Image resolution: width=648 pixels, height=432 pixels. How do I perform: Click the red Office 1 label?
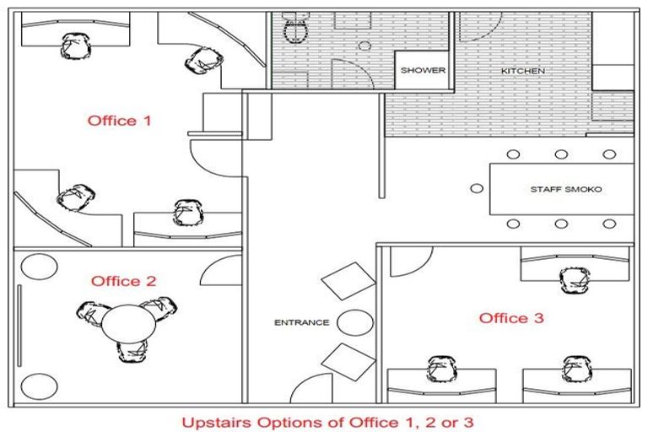click(x=119, y=121)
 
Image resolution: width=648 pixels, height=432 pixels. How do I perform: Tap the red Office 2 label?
click(x=123, y=281)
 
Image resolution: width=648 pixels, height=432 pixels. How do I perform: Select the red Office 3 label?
click(x=511, y=318)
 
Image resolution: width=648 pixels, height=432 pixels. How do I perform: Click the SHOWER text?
click(x=423, y=70)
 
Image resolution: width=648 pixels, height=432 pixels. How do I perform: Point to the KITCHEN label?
click(x=523, y=71)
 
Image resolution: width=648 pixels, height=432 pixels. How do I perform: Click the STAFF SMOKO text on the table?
click(x=566, y=189)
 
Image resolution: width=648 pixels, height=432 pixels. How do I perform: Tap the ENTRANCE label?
click(x=302, y=322)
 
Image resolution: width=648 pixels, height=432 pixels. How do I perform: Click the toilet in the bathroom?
click(x=295, y=27)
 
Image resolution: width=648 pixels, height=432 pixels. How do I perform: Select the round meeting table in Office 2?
click(x=129, y=324)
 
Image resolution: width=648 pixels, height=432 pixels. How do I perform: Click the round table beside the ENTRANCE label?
click(x=355, y=322)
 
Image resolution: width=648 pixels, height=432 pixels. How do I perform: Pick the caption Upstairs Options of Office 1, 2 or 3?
click(x=327, y=423)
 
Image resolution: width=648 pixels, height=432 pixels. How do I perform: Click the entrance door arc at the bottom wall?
click(x=301, y=382)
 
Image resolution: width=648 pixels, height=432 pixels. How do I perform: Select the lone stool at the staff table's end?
click(x=477, y=188)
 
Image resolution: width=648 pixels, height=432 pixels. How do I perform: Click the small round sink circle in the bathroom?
click(x=364, y=46)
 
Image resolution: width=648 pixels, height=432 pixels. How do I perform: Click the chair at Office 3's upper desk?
click(x=575, y=280)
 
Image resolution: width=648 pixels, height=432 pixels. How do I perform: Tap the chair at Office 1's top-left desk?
click(x=76, y=46)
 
